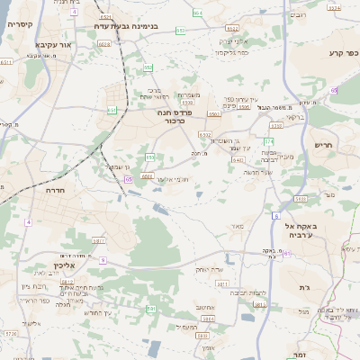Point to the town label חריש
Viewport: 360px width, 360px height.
coord(323,144)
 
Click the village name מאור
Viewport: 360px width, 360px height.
coord(237,225)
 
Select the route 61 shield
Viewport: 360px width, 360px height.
coord(286,255)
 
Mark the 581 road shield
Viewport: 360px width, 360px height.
coord(151,308)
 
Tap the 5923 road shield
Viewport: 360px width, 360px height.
coord(301,198)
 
